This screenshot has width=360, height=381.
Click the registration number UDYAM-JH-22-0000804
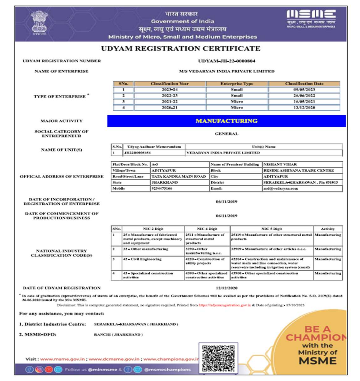(226, 61)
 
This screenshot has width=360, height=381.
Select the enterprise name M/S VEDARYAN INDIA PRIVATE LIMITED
(226, 71)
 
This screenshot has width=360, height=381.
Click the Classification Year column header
(170, 84)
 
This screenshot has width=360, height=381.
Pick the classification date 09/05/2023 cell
(304, 90)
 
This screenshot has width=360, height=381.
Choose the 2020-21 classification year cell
(170, 108)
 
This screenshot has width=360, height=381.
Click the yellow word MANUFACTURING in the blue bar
(226, 121)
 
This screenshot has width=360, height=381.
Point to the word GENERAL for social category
(226, 134)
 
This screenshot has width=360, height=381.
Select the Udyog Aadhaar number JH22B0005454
(137, 153)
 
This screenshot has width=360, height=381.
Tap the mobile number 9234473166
(162, 189)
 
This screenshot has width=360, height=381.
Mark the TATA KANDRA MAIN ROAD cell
(178, 176)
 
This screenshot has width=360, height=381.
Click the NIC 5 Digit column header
(271, 229)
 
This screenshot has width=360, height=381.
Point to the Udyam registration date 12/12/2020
(226, 288)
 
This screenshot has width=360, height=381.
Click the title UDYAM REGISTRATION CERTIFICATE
(181, 49)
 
